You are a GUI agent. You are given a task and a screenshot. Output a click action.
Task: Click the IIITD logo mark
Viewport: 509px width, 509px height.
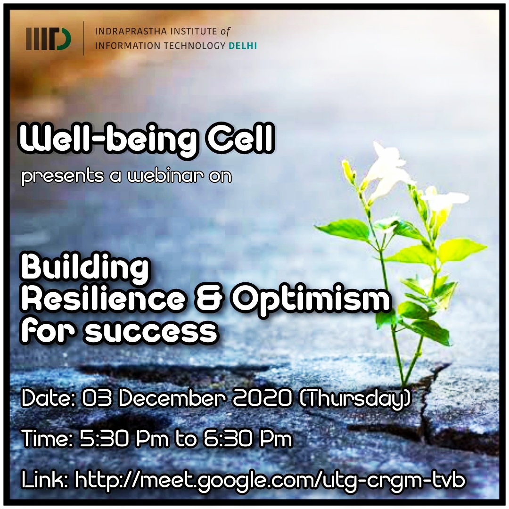point(49,39)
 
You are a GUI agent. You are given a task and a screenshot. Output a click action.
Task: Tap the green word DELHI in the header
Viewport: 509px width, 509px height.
point(243,46)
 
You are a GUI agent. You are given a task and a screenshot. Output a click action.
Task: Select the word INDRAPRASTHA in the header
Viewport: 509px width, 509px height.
point(131,32)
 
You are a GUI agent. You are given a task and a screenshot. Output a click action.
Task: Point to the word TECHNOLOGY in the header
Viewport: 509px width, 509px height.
point(194,46)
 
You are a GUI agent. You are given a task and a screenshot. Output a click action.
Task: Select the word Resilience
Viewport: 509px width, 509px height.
point(103,300)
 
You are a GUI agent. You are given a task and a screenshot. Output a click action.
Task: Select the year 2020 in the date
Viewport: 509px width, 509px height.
point(263,399)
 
